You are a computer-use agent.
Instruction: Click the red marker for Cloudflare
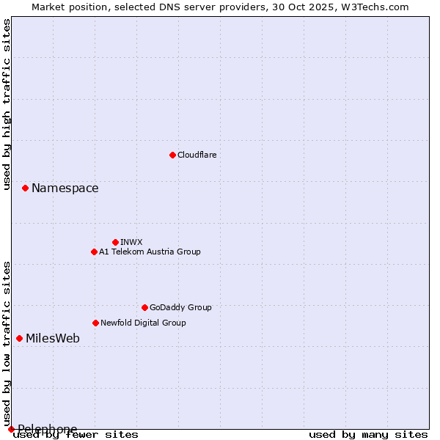pyautogui.click(x=172, y=155)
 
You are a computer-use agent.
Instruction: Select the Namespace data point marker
pyautogui.click(x=25, y=188)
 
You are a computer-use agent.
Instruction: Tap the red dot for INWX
pyautogui.click(x=115, y=242)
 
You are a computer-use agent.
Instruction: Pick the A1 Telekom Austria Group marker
pyautogui.click(x=94, y=252)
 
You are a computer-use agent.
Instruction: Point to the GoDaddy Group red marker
pyautogui.click(x=144, y=307)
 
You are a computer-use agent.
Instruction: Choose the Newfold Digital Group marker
pyautogui.click(x=95, y=323)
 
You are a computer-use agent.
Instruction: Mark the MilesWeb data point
pyautogui.click(x=19, y=338)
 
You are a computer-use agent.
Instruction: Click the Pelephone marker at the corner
pyautogui.click(x=11, y=429)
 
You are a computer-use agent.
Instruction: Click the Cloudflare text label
pyautogui.click(x=197, y=155)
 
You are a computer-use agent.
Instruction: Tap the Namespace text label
pyautogui.click(x=65, y=188)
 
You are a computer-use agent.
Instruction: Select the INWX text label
pyautogui.click(x=131, y=242)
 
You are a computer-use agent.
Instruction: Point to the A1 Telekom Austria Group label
pyautogui.click(x=150, y=252)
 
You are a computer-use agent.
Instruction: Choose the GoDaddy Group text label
pyautogui.click(x=180, y=307)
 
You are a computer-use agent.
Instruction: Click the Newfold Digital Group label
pyautogui.click(x=143, y=323)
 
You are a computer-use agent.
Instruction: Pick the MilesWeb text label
pyautogui.click(x=53, y=339)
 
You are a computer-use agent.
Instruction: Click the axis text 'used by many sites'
pyautogui.click(x=368, y=434)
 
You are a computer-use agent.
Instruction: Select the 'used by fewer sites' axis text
pyautogui.click(x=76, y=434)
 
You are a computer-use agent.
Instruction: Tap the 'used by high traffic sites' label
pyautogui.click(x=7, y=104)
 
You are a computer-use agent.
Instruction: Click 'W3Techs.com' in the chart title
pyautogui.click(x=378, y=7)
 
